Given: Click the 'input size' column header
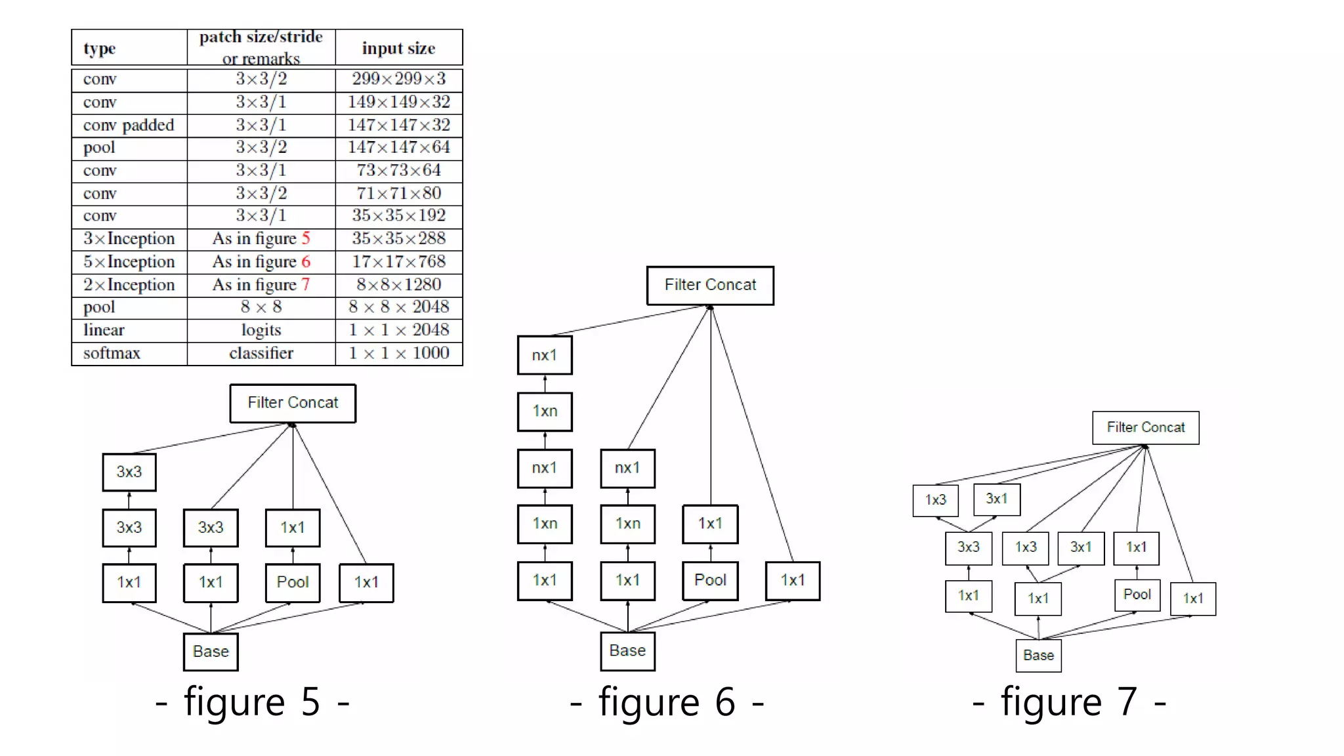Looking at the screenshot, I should click(398, 48).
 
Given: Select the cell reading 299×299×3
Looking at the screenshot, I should click(398, 79).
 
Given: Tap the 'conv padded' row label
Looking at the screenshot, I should click(129, 125).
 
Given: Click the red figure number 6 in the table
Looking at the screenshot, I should click(306, 262).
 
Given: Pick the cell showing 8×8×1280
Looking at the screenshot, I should click(398, 284).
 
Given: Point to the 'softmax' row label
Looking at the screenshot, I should click(112, 353).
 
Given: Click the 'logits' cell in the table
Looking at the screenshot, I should click(261, 330).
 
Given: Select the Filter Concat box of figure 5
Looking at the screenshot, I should click(293, 403).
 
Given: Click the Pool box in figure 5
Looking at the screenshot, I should click(293, 582).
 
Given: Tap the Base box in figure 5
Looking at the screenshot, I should click(211, 652).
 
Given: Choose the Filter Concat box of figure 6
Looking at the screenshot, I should click(710, 285).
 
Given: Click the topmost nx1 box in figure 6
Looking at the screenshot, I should click(545, 355).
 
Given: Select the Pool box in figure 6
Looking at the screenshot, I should click(710, 580).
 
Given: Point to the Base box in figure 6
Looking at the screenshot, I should click(627, 650).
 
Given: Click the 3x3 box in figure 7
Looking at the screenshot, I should click(968, 547).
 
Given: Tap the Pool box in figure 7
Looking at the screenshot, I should click(1137, 595).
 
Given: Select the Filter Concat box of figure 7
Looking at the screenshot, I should click(1146, 428).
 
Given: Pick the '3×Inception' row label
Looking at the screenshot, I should click(129, 238).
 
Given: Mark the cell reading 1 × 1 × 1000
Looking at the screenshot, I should click(398, 353).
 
